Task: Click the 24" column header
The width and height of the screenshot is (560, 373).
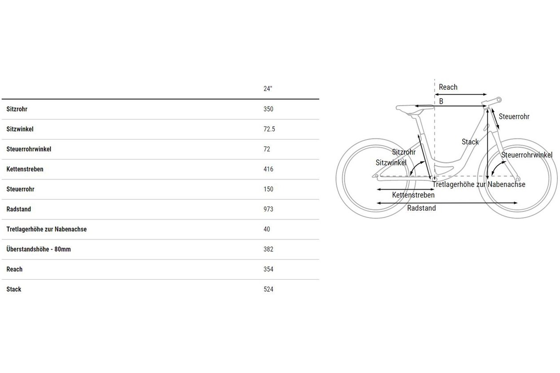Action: click(268, 89)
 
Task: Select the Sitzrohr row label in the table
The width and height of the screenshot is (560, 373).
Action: click(17, 109)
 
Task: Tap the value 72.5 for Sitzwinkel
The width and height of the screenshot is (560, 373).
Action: click(269, 129)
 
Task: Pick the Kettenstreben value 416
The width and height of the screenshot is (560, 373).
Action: click(268, 169)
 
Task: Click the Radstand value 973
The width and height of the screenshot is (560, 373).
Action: click(268, 209)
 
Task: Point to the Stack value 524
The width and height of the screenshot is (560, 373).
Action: click(268, 290)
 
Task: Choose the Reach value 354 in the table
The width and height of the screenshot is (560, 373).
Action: click(268, 270)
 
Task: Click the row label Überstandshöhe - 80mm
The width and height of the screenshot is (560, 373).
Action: click(39, 249)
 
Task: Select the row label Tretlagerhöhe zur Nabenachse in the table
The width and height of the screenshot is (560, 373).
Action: click(47, 229)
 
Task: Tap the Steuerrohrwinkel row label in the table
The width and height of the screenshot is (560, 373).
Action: click(29, 149)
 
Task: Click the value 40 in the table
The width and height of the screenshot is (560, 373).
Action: click(267, 229)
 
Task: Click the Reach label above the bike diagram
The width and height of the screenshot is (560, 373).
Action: click(448, 87)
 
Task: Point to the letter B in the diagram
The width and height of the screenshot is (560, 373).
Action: click(441, 101)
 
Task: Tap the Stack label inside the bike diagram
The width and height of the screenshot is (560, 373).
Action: click(470, 142)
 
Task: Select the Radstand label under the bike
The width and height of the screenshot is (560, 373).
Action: click(421, 208)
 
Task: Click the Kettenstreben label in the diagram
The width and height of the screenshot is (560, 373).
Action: click(413, 195)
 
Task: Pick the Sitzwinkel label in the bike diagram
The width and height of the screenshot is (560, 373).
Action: click(391, 163)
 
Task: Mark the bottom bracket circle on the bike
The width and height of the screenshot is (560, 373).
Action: click(434, 179)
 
